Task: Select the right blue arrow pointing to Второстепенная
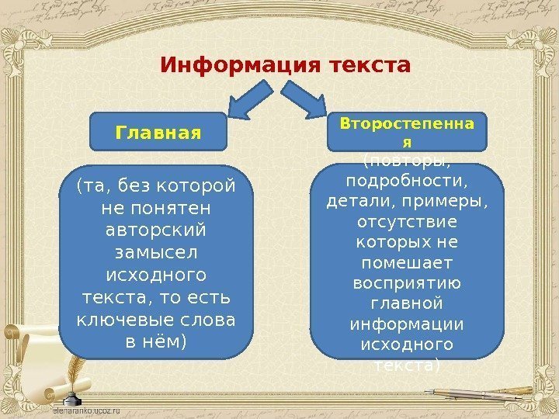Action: point(304,101)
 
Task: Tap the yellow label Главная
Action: point(158,132)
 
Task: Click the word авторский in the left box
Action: point(157,231)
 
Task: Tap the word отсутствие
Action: point(407,223)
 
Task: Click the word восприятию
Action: point(407,282)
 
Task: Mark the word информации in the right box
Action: point(407,323)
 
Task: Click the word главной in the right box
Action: point(407,303)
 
